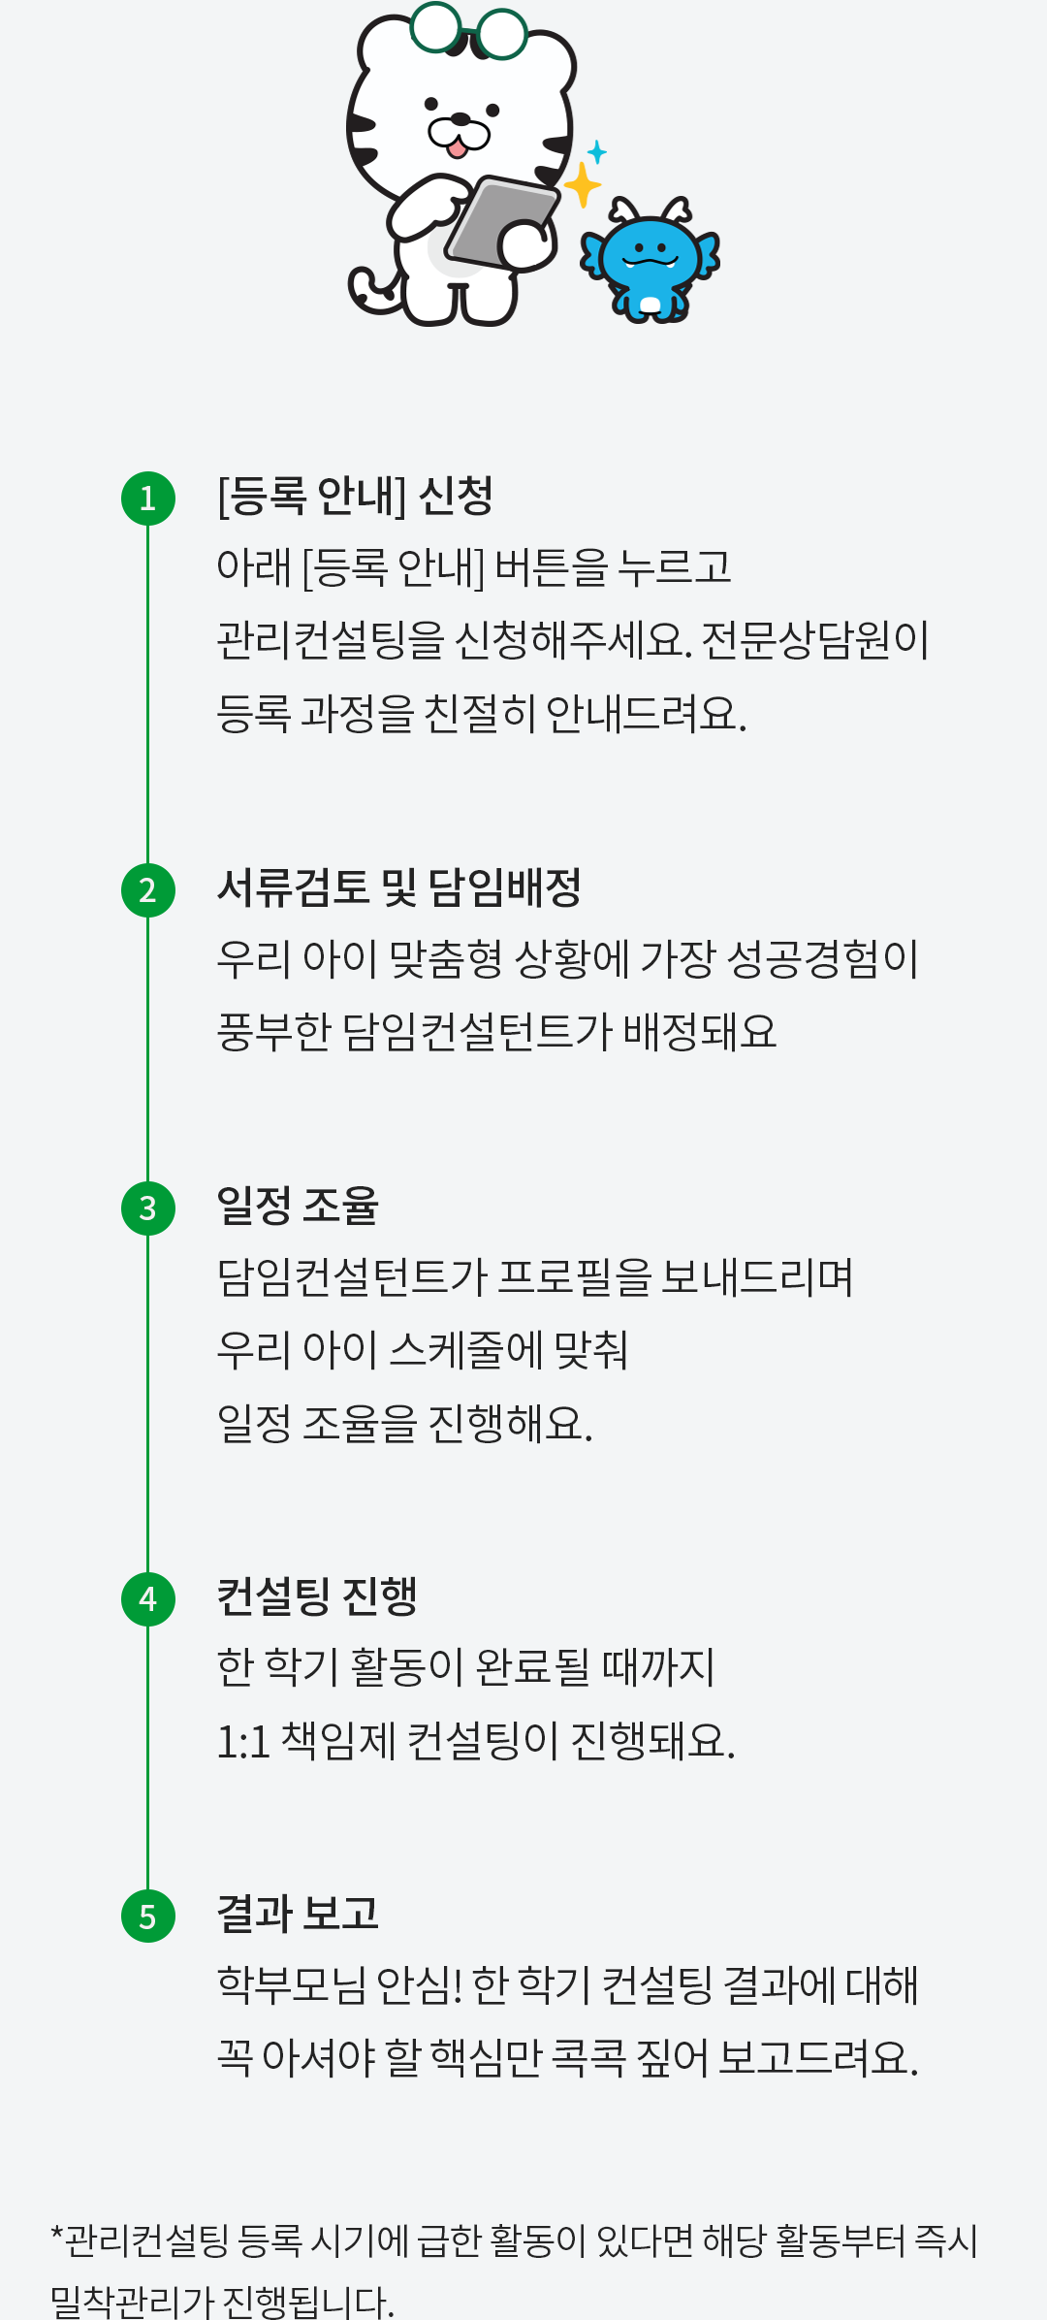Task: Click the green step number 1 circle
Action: coord(148,499)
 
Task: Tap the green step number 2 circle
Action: coord(148,890)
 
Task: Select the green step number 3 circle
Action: coord(148,1208)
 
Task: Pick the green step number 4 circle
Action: coord(148,1598)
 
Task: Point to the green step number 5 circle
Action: coord(148,1916)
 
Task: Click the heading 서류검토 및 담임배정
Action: coord(399,887)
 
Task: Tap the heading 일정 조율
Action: coord(298,1206)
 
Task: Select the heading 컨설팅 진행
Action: coord(317,1595)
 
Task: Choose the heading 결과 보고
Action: coord(298,1913)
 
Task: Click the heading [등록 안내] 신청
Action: coord(356,496)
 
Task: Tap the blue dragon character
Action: coord(650,259)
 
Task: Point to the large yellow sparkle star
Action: coord(583,184)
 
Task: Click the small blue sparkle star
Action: coord(597,151)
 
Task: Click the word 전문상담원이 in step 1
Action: coord(815,640)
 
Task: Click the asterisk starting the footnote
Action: coord(57,2234)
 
